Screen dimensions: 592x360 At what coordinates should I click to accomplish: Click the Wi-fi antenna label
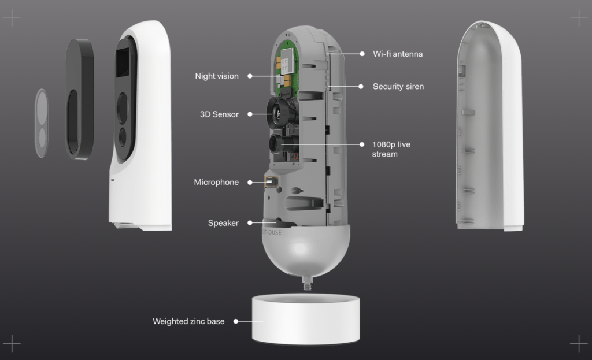click(398, 54)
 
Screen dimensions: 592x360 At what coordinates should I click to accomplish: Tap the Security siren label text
click(398, 87)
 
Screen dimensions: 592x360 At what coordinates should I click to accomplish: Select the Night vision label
click(217, 76)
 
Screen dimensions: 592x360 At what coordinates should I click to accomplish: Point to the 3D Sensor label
click(219, 114)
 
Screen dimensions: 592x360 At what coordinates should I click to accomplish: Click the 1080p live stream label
click(391, 150)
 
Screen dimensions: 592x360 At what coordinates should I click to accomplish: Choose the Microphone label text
click(216, 182)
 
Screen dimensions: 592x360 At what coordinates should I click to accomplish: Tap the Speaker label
click(223, 223)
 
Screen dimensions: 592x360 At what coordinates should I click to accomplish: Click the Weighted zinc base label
click(188, 321)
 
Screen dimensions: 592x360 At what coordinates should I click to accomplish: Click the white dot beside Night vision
click(250, 76)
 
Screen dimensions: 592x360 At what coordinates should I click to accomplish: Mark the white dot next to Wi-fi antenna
click(362, 54)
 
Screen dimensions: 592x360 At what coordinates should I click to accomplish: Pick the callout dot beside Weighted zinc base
click(236, 321)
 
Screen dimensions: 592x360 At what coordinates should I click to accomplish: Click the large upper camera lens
click(277, 112)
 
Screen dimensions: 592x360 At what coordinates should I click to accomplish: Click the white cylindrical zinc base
click(306, 320)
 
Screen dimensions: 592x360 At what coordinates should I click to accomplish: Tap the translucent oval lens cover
click(42, 123)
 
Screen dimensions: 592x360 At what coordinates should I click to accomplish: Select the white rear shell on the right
click(490, 125)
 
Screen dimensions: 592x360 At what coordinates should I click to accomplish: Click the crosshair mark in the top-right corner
click(579, 18)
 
